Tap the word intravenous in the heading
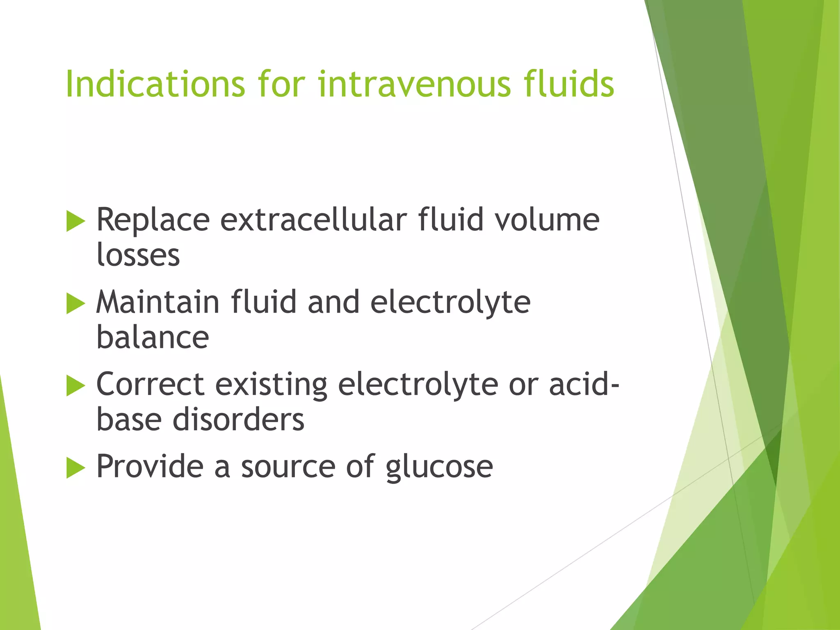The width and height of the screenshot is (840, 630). click(x=414, y=84)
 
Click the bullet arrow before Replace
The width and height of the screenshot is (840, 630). click(x=75, y=221)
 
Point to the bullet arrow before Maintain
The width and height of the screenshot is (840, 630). click(x=75, y=304)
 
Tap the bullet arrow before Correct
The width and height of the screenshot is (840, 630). click(x=75, y=386)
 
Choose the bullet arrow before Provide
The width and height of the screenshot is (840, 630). click(x=75, y=468)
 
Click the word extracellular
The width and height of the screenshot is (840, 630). click(x=314, y=220)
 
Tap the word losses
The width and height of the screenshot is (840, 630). click(x=138, y=256)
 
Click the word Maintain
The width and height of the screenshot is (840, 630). click(x=158, y=302)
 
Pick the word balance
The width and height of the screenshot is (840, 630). click(x=153, y=338)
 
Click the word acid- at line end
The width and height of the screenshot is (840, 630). click(x=584, y=384)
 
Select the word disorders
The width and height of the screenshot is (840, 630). click(x=238, y=420)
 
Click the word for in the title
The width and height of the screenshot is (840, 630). click(x=281, y=84)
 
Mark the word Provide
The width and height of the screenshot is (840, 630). click(x=150, y=466)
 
